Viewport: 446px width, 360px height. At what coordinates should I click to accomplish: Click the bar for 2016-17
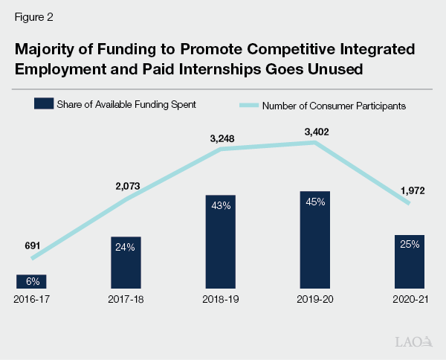[x=32, y=281]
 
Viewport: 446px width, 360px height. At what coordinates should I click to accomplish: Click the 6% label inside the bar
[x=32, y=281]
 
